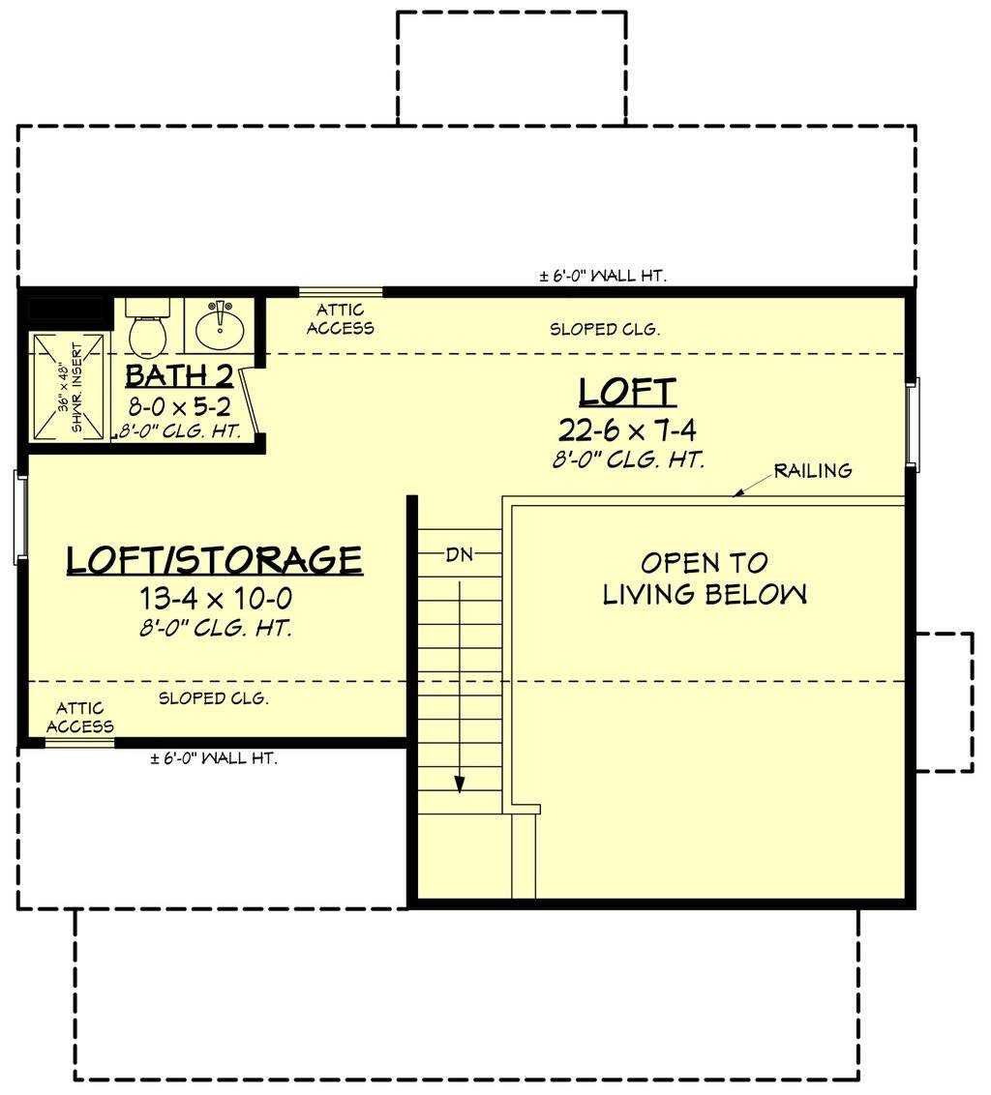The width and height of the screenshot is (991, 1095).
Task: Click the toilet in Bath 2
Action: point(148,327)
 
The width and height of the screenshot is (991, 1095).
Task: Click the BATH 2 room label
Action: point(179,376)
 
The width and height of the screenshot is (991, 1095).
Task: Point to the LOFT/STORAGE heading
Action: point(215,560)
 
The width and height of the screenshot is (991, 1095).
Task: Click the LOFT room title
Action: point(627,392)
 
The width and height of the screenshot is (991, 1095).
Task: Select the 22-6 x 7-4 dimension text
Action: point(627,430)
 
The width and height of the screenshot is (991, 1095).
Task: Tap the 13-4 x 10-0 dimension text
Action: point(215,599)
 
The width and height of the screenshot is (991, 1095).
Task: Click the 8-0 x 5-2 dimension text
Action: point(179,406)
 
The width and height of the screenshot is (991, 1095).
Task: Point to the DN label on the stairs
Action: point(460,554)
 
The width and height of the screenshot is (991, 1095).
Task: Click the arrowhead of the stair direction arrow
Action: point(460,784)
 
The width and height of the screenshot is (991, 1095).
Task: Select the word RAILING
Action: point(813,471)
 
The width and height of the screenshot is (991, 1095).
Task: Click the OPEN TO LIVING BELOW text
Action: point(705,578)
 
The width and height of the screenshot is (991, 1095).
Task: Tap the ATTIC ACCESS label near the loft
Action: point(341,319)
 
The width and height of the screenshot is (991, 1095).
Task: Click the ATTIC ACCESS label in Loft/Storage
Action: point(79,718)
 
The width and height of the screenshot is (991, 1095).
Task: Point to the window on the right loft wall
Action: point(913,424)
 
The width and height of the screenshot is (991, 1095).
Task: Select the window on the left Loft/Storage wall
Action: point(20,517)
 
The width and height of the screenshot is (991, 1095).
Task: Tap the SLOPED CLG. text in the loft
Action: point(605,329)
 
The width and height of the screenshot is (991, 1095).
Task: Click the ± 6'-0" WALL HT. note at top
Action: point(603,276)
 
